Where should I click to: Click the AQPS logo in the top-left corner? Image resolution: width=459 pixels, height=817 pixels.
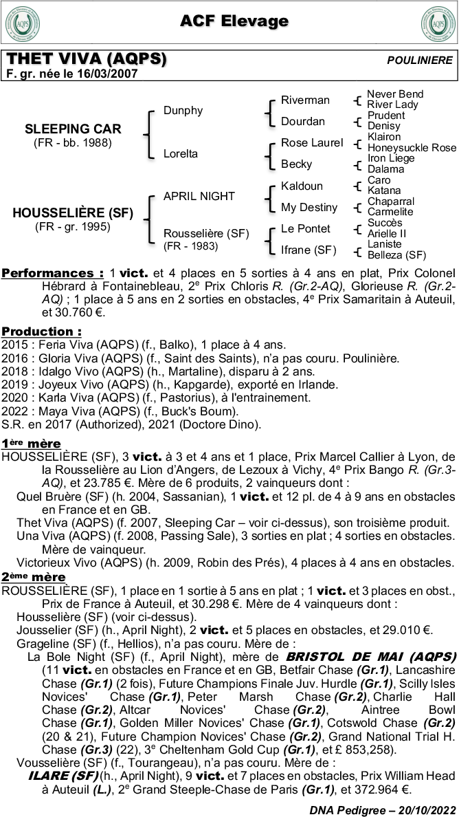[23, 23]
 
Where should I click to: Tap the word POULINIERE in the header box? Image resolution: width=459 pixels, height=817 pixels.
[420, 61]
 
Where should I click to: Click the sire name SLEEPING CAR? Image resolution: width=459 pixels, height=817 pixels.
[73, 129]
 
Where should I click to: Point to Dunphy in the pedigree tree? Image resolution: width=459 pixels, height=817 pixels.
[183, 110]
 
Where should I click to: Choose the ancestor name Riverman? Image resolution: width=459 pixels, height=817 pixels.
[305, 100]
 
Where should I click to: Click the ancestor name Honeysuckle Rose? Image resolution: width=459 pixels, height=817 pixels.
[412, 147]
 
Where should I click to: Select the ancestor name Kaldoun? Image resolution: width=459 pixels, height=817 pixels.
[302, 186]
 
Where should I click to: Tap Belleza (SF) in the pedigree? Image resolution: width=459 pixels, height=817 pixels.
[396, 254]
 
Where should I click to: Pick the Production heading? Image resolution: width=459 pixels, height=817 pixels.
[41, 331]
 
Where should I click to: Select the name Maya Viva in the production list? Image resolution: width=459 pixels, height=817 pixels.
[63, 411]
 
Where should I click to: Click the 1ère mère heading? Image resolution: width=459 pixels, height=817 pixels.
[31, 443]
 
